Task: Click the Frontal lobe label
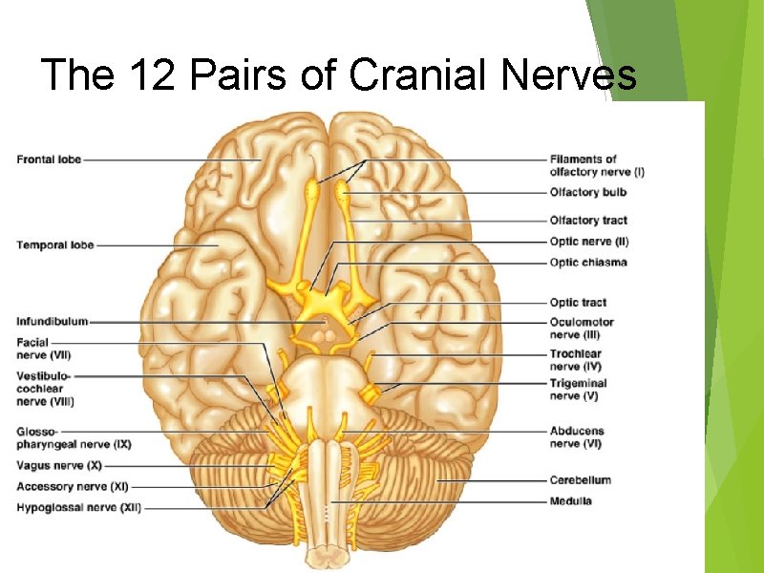[x=49, y=159]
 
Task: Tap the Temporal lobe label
[x=54, y=245]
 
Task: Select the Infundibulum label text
[x=52, y=322]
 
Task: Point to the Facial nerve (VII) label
[x=43, y=348]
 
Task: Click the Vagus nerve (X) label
[x=59, y=466]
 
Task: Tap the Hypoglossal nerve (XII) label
[x=78, y=508]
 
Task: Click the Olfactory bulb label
[x=588, y=192]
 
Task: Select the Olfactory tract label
[x=588, y=221]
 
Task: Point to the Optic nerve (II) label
[x=589, y=242]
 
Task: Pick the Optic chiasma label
[x=588, y=263]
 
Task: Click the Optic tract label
[x=578, y=303]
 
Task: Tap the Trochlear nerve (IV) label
[x=576, y=360]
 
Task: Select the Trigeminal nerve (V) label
[x=578, y=389]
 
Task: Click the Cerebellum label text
[x=580, y=479]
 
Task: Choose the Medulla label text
[x=570, y=500]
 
